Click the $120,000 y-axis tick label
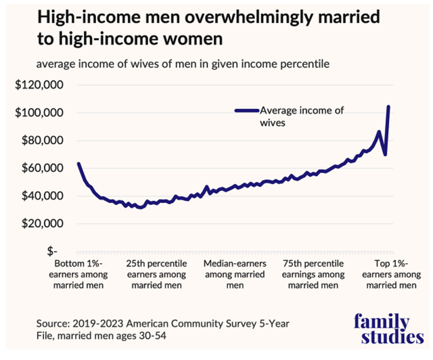coord(39,85)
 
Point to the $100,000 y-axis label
coord(39,113)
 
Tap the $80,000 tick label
coord(43,140)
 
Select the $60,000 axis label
coord(43,168)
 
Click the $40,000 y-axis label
coord(43,196)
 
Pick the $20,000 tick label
coord(43,223)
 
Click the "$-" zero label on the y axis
coord(52,252)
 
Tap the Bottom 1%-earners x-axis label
coord(78,274)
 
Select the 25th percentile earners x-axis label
coord(156,274)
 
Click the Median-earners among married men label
coord(235,274)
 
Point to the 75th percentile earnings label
coord(313,274)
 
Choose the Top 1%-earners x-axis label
coord(392,274)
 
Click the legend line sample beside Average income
coord(247,110)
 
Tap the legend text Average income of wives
coord(302,116)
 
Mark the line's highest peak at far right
coord(388,106)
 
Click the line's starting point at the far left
coord(78,164)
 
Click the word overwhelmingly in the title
coord(249,17)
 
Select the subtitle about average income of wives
coord(183,64)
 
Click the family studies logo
coord(389,329)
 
